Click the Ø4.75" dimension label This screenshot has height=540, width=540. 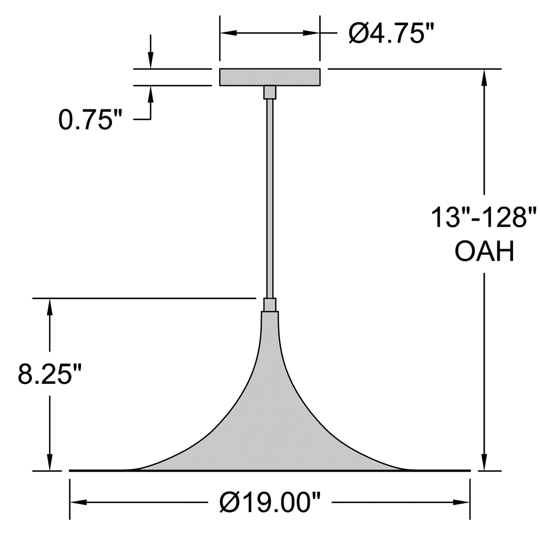(x=391, y=33)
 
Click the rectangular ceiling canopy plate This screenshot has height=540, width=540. (x=269, y=77)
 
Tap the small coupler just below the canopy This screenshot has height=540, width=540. (x=270, y=92)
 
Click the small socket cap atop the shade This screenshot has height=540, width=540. (x=270, y=305)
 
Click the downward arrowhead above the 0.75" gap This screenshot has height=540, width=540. (x=151, y=60)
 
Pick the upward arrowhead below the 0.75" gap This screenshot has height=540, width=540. (x=151, y=94)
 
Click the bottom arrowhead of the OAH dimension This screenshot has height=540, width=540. (x=484, y=462)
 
